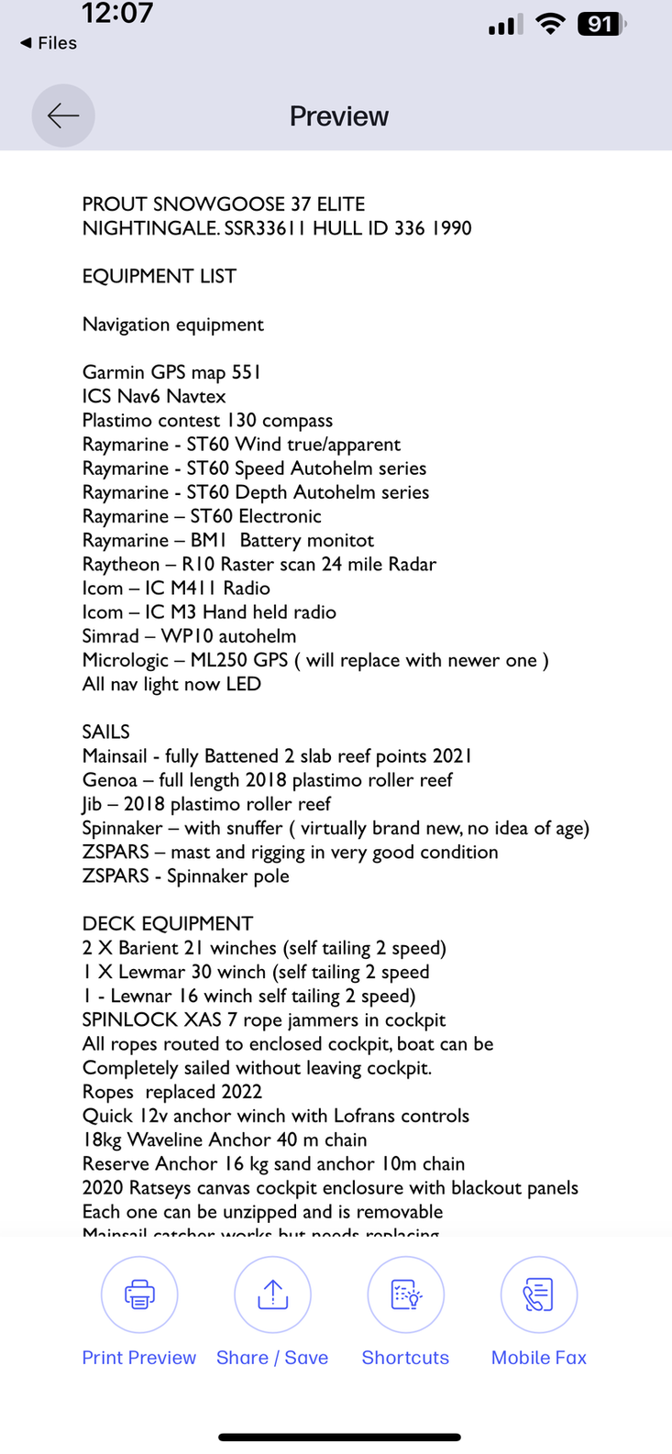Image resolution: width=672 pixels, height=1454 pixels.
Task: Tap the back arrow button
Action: click(x=63, y=116)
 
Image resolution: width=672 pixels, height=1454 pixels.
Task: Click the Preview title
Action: click(x=339, y=116)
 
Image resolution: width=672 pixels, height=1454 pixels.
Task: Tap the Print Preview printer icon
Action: click(x=139, y=1294)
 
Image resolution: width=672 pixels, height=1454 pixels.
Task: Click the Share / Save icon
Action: click(x=272, y=1294)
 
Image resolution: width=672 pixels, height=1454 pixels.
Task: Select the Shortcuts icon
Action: click(x=405, y=1294)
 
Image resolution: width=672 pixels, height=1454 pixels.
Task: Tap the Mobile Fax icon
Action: click(x=539, y=1294)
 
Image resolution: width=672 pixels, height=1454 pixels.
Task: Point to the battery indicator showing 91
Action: click(x=601, y=25)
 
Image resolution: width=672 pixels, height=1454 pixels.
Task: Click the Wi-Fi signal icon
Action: click(x=550, y=25)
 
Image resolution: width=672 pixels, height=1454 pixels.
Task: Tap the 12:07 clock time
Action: click(x=117, y=14)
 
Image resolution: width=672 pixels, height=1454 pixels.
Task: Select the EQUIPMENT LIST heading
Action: click(x=160, y=276)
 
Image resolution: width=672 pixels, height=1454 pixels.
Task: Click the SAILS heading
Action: click(x=106, y=732)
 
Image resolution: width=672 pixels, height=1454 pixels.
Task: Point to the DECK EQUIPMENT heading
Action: click(x=168, y=923)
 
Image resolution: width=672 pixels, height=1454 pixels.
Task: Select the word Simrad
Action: click(x=110, y=636)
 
